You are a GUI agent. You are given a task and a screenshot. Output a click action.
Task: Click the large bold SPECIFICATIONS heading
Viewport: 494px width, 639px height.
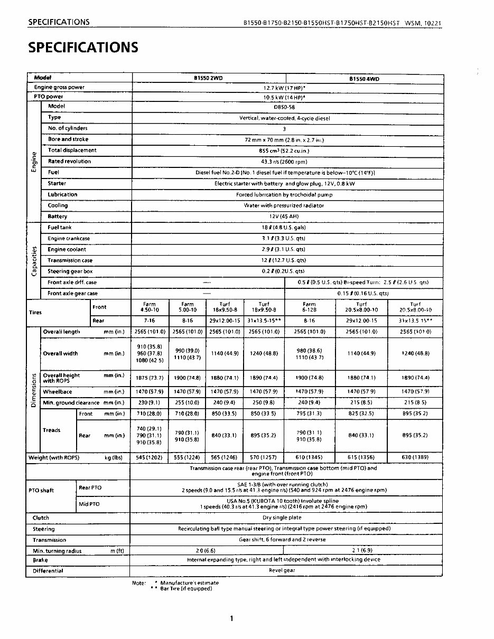pos(83,48)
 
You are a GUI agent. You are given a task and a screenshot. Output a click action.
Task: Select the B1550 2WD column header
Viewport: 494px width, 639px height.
pos(208,78)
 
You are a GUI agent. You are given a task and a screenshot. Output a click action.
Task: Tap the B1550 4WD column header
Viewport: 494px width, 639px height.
pos(364,79)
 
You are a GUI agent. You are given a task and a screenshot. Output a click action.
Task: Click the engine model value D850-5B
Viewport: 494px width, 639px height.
pos(284,107)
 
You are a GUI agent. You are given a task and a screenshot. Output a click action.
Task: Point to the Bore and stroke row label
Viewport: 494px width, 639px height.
pos(68,139)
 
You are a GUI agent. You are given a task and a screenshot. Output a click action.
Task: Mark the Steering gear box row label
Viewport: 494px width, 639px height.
pos(70,271)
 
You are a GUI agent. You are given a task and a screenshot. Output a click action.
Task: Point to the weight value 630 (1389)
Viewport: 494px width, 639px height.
pos(415,457)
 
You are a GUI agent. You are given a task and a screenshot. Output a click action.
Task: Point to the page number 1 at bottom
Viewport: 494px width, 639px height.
pos(231,618)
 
